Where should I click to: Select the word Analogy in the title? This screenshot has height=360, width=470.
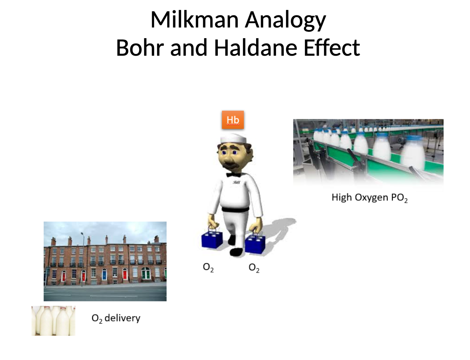285,20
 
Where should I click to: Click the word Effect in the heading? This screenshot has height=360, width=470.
331,48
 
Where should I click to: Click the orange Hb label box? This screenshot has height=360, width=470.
233,120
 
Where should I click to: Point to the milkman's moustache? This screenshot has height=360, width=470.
231,165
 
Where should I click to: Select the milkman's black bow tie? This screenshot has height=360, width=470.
234,175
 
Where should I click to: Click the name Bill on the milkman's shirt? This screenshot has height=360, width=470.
237,182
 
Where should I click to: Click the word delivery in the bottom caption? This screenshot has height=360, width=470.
122,318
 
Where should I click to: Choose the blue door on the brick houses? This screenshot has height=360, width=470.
104,275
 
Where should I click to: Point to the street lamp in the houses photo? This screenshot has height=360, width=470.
82,257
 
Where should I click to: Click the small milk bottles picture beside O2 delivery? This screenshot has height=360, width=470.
53,320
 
